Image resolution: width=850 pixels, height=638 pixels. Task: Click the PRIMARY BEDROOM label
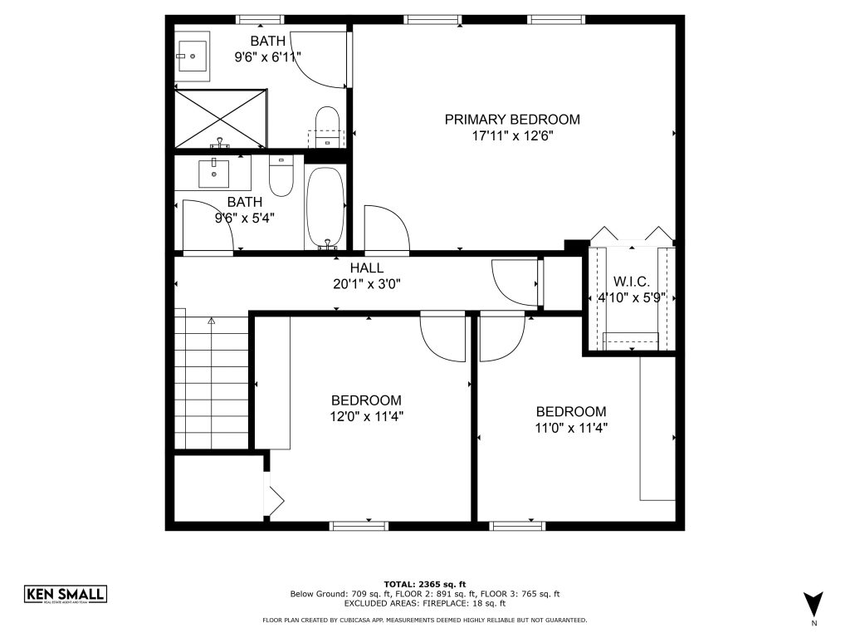coord(512,120)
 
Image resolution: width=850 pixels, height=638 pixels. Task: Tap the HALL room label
coord(367,267)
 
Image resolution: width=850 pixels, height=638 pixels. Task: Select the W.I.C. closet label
coord(632,282)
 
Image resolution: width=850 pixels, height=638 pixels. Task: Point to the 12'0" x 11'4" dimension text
coord(367,417)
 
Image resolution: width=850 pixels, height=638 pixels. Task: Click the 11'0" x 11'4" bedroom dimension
coord(571,428)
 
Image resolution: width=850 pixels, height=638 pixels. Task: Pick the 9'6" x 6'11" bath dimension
coord(268,57)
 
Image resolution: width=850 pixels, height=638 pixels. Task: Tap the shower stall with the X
coord(221,119)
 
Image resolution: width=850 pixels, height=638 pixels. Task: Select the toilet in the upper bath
coord(327,127)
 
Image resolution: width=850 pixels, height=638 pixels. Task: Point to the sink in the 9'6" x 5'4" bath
coord(213,174)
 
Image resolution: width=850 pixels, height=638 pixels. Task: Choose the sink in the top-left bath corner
coord(193,56)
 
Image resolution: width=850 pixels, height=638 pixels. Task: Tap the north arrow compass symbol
coord(813,604)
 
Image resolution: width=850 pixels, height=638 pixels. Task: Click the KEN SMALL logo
coord(66,595)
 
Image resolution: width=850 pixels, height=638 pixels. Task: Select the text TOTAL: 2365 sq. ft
coord(425,584)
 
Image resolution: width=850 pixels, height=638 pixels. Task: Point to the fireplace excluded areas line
coord(425,603)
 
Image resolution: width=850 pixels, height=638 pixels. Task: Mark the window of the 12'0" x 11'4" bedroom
coord(359,526)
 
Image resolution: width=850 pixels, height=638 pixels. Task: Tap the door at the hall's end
coord(514,283)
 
